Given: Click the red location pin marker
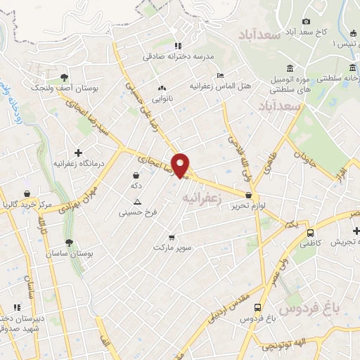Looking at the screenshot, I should pyautogui.click(x=181, y=165).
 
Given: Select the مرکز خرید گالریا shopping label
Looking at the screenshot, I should pyautogui.click(x=28, y=205).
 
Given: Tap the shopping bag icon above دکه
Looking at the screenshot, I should pyautogui.click(x=136, y=175).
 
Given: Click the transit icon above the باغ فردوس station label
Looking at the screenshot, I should pyautogui.click(x=258, y=308).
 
